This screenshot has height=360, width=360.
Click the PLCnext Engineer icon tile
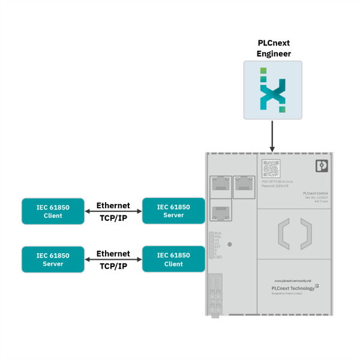pos(273,90)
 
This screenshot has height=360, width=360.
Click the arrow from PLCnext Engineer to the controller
pos(273,136)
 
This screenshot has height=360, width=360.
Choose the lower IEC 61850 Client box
pos(173,260)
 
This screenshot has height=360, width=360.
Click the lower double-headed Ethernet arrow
pos(113,260)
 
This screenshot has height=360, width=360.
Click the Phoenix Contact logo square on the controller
pos(322,166)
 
